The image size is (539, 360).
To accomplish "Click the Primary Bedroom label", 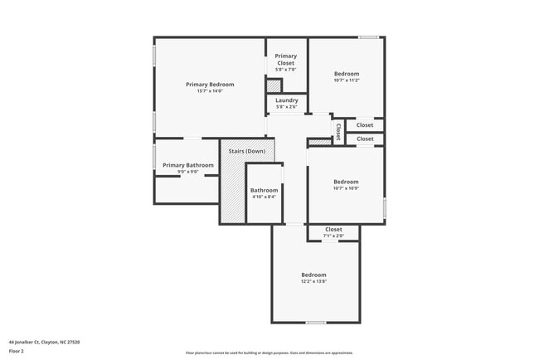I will coord(210,84).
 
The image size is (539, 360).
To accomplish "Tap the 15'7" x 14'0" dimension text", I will coord(210,90).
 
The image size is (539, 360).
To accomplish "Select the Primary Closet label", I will coord(286,60).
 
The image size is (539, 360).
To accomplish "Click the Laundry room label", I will coord(287,100).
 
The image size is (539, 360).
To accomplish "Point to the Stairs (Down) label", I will coord(247,151).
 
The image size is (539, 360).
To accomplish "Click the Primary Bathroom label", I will coord(188,165).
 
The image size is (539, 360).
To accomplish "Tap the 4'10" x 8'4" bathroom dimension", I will coord(264,197).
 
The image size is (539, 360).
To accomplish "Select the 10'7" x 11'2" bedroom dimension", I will coord(347,80).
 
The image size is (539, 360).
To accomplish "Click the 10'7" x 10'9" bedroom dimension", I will coord(346,188).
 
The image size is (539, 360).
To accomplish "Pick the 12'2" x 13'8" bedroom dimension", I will coord(313,282).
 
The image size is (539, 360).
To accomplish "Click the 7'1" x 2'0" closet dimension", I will coord(333,236).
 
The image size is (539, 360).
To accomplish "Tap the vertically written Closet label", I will coord(338,131).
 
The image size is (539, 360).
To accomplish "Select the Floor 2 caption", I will coord(17,352).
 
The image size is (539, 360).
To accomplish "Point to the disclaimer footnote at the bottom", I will coord(269,353).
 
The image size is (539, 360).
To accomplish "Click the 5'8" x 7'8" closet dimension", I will coord(286,70).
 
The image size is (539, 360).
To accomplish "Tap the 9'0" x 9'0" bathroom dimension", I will coord(188,172).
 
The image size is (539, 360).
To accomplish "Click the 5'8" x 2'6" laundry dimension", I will coord(287,107).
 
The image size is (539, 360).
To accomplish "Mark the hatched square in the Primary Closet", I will coord(274,85).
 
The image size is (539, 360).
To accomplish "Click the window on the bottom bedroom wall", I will coord(315,323).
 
